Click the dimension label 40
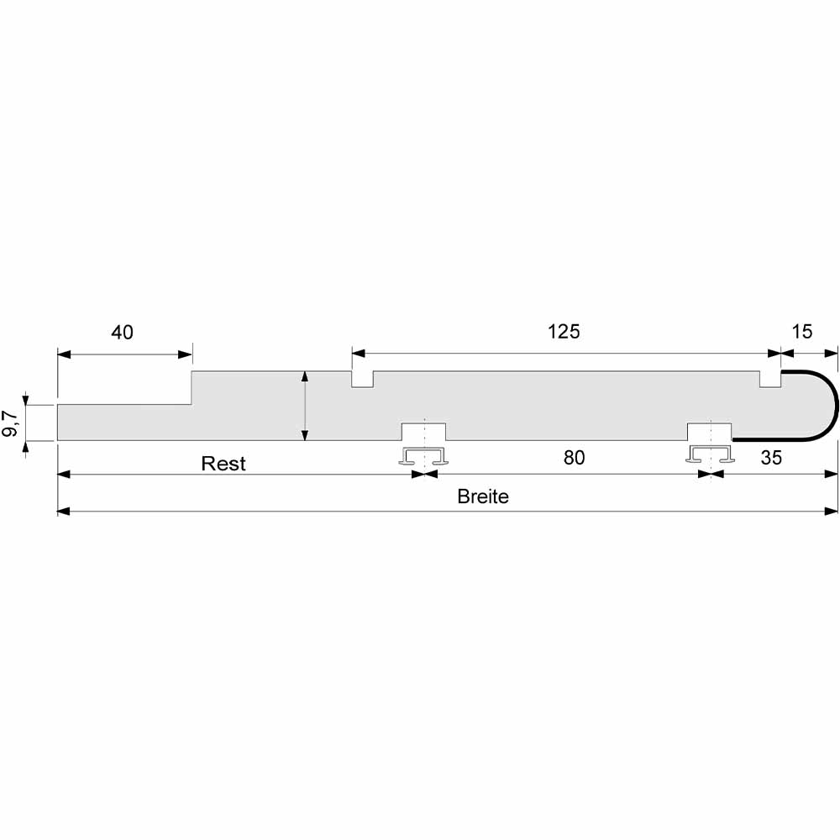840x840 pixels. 122,333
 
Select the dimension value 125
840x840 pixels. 564,332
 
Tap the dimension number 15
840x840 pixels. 802,332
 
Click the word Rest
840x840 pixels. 223,464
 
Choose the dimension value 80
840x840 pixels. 574,458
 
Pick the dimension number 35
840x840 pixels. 771,458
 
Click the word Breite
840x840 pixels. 483,496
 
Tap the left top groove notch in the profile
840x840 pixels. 363,379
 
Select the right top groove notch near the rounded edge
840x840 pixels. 770,379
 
